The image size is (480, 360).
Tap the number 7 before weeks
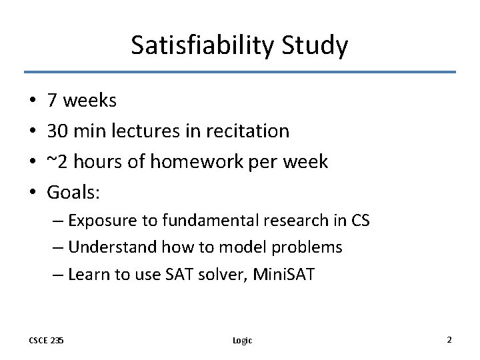[52, 101]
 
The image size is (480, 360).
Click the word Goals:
[73, 192]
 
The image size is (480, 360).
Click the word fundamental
[198, 221]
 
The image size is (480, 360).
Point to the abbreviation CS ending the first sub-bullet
[359, 221]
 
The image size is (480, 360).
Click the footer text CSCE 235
[47, 340]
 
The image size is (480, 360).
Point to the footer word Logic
[242, 340]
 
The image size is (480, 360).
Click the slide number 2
[449, 339]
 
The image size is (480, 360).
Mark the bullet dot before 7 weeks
[32, 101]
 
